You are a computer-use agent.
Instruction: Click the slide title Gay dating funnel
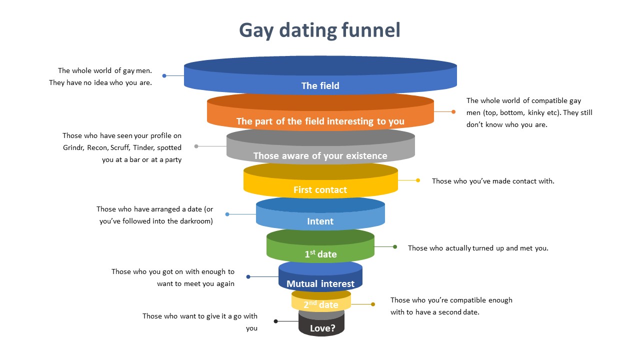click(319, 30)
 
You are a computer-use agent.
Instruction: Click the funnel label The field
click(320, 85)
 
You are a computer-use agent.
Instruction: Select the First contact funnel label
click(320, 190)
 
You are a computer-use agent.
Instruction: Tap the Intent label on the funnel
click(320, 221)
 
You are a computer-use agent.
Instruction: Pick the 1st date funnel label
click(320, 254)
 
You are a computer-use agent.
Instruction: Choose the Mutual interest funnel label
click(320, 284)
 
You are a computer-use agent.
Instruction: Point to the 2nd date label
click(321, 304)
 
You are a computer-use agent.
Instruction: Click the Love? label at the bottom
click(322, 328)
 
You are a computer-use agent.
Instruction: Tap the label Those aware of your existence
click(320, 156)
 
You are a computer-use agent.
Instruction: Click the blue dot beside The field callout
click(164, 76)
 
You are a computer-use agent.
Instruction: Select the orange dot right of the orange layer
click(453, 112)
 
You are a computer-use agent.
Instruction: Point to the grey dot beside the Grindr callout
click(196, 146)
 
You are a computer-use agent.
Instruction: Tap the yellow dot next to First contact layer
click(418, 180)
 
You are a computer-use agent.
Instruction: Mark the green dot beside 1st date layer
click(395, 247)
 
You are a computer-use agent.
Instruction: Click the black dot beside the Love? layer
click(275, 321)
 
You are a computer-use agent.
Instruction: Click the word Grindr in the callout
click(73, 147)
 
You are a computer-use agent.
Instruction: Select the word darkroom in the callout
click(194, 221)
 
